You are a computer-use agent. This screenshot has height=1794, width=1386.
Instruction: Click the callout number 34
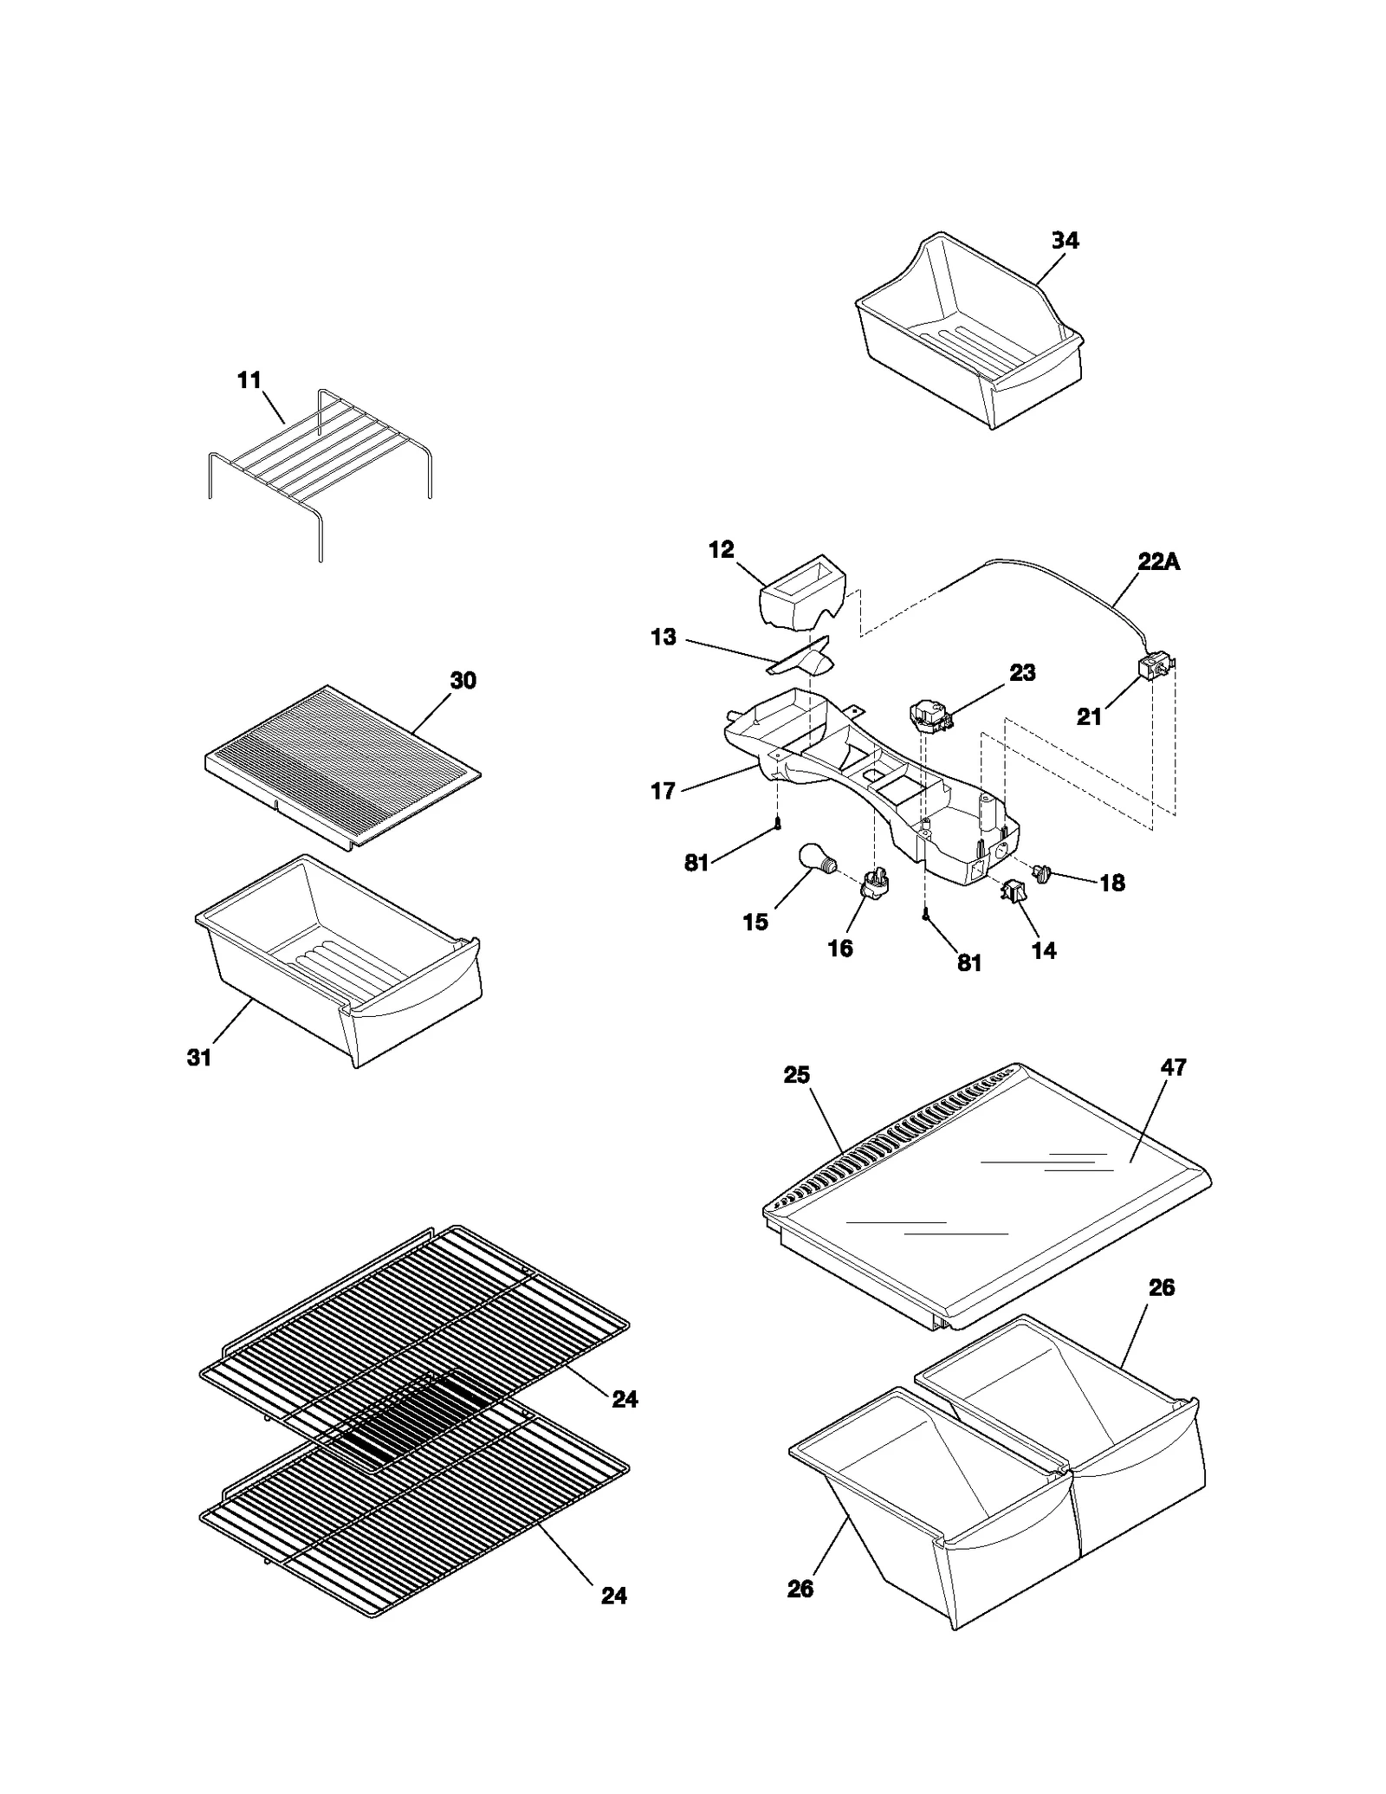(1065, 241)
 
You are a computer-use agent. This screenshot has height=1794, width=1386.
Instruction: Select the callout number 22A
(1158, 561)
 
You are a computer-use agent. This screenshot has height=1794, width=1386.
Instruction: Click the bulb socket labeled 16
(874, 884)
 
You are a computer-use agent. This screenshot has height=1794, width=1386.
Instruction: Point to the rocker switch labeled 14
(1011, 891)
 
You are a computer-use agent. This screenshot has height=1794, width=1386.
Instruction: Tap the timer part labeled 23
(927, 717)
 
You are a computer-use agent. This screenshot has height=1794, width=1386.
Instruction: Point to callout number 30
(463, 681)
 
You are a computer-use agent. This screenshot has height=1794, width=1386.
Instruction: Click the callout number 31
(199, 1057)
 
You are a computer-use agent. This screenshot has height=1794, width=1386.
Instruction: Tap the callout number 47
(1173, 1067)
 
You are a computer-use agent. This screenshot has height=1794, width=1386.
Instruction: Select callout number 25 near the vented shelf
(796, 1075)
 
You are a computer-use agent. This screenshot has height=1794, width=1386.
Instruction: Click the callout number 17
(663, 791)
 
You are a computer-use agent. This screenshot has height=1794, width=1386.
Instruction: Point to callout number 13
(663, 638)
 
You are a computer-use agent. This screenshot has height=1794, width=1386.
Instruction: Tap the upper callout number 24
(625, 1399)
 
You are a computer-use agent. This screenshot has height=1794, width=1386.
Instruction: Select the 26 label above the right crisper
(1161, 1288)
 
